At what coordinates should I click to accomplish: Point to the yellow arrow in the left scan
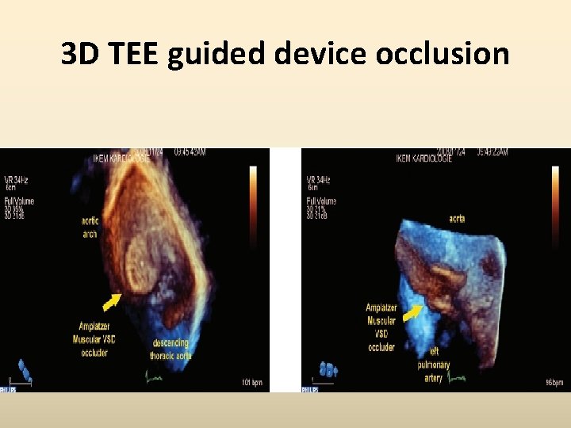111,300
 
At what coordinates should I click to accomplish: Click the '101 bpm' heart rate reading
253,383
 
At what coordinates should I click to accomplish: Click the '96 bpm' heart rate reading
553,384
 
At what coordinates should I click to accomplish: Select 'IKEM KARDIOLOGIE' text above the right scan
424,158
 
